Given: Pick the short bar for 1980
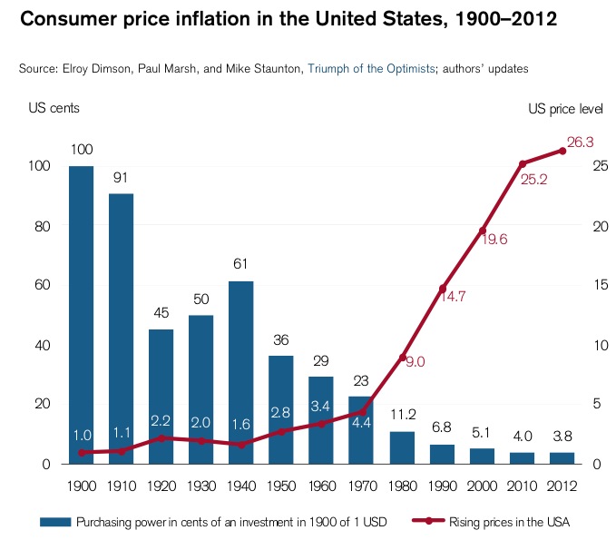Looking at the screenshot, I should (x=402, y=447).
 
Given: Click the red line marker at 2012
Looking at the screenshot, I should (x=562, y=151).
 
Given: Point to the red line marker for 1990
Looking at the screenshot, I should (x=443, y=289).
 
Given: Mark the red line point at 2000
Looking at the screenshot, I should (x=483, y=231).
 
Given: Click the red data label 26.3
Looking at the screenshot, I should (x=581, y=142).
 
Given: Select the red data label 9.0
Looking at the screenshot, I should (x=414, y=361).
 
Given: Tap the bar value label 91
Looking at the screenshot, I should (x=121, y=178).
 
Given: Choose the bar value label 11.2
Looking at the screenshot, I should (x=402, y=415).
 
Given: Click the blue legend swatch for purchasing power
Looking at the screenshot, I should (x=55, y=522).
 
